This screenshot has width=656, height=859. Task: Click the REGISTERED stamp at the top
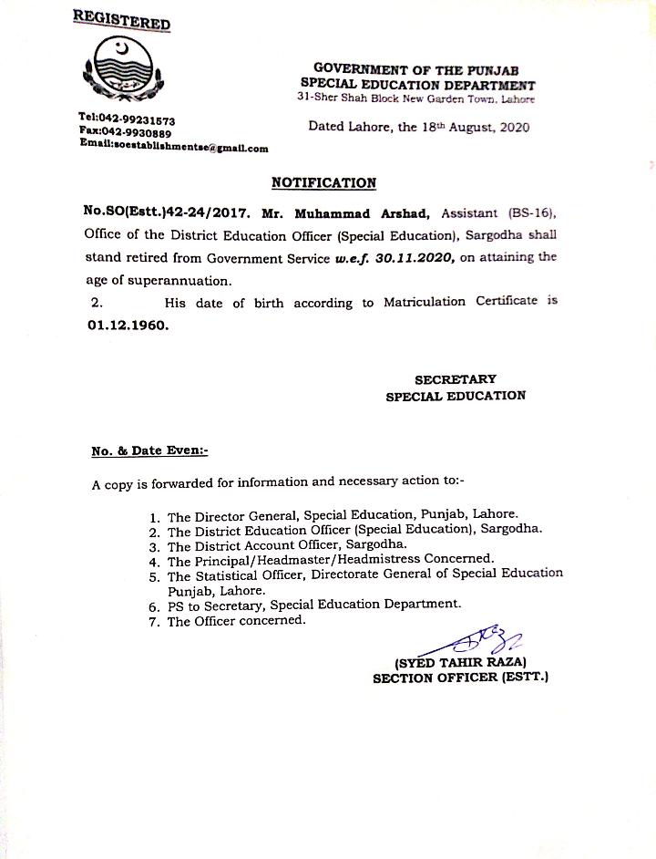pyautogui.click(x=121, y=20)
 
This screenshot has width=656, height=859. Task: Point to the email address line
pyautogui.click(x=173, y=147)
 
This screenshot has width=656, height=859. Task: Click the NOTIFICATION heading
pyautogui.click(x=323, y=183)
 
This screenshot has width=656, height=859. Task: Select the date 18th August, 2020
pyautogui.click(x=464, y=128)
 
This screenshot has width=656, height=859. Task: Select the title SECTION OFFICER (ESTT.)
pyautogui.click(x=460, y=678)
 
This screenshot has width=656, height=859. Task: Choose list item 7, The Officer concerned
pyautogui.click(x=236, y=620)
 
